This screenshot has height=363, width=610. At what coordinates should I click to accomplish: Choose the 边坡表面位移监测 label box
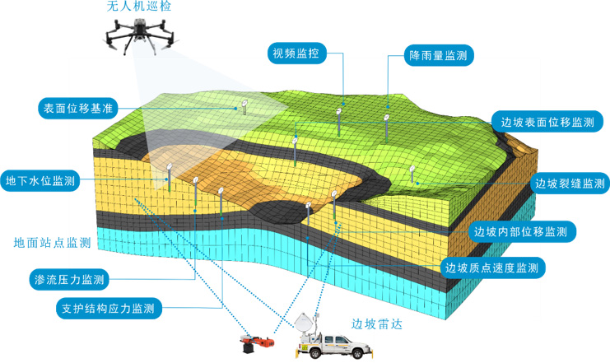547,122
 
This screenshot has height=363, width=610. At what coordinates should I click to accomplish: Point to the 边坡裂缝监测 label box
570,183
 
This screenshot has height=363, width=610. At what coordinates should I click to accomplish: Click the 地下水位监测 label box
40,181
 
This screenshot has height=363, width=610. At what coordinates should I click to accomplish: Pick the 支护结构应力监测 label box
108,309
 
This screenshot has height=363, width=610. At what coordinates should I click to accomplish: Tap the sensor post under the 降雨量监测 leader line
384,128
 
